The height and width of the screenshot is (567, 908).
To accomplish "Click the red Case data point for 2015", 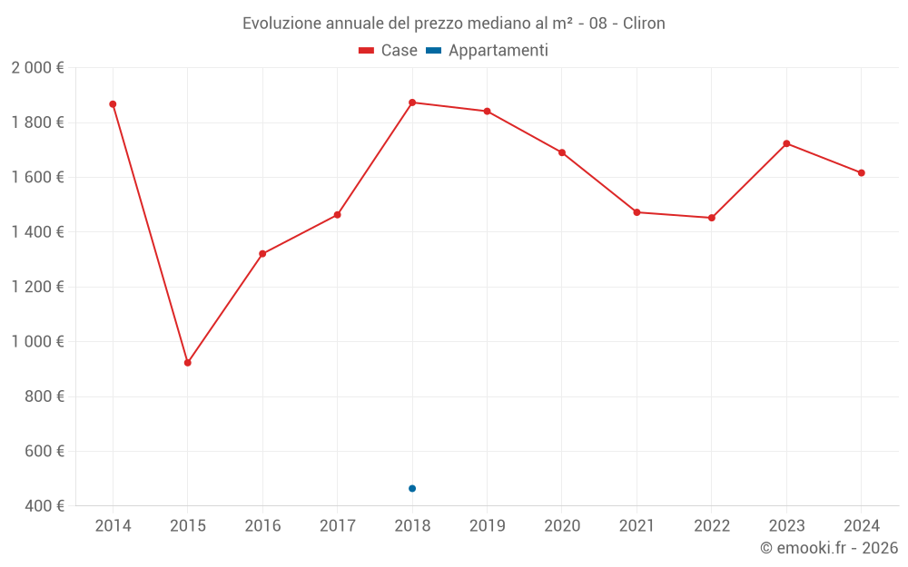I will click(188, 363).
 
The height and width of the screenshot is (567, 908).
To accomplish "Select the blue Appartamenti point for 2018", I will click(412, 488).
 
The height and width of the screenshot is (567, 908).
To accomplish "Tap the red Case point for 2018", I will click(412, 103).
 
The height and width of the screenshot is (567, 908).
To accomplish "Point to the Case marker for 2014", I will click(113, 104).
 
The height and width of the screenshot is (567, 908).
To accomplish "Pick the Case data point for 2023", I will click(786, 143).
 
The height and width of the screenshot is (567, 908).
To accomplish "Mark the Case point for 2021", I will click(637, 212).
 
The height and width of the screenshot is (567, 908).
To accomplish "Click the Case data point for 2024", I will click(861, 172).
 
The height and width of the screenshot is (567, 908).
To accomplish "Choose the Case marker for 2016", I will click(262, 254).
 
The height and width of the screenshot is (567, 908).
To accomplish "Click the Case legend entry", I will click(389, 51).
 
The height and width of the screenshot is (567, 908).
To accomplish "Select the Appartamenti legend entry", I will click(488, 51).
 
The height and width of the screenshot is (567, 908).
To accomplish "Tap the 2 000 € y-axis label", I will click(37, 68).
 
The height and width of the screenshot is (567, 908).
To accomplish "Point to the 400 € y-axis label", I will click(43, 506).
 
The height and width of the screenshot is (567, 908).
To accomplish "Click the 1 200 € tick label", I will click(37, 287).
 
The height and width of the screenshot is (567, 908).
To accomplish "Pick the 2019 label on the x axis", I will click(487, 526).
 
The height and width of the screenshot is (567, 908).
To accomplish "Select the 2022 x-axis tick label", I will click(711, 526).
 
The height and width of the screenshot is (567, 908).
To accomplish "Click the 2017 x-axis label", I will click(337, 526).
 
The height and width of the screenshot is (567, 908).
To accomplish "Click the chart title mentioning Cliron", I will click(454, 24).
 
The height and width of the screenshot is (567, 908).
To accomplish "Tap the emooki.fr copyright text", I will click(828, 548).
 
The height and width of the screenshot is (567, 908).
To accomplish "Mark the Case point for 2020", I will click(562, 152).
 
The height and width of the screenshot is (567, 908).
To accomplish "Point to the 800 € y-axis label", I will click(43, 396).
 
